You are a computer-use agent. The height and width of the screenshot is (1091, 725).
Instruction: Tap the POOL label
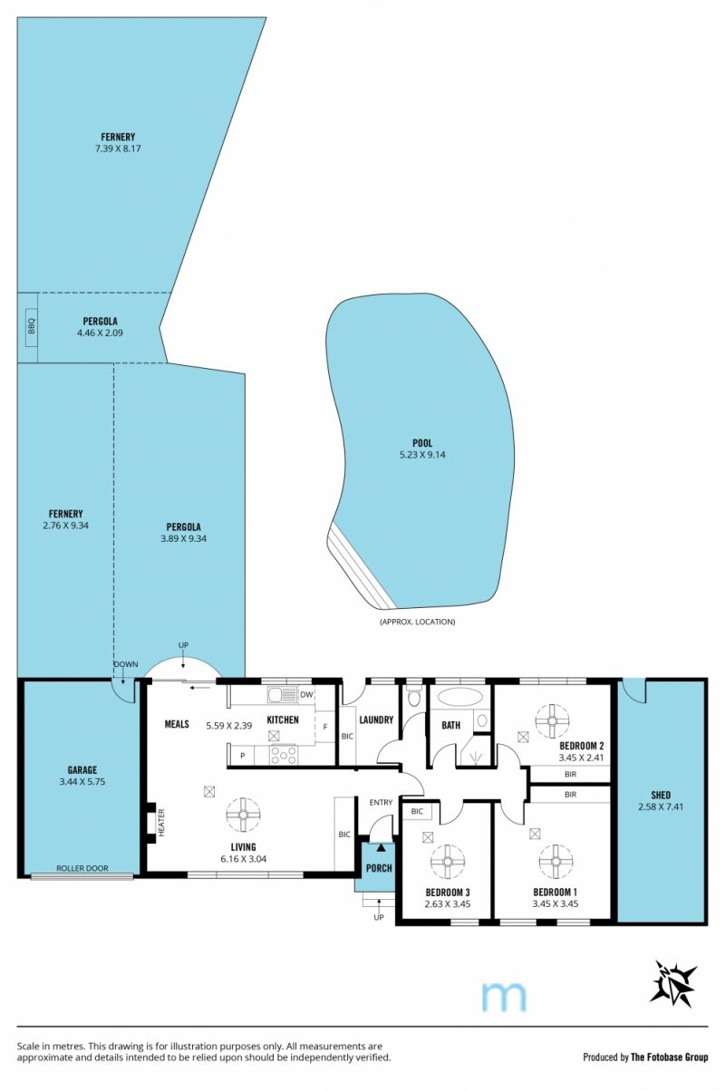pyautogui.click(x=422, y=443)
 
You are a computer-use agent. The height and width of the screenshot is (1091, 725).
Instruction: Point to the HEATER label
pyautogui.click(x=161, y=823)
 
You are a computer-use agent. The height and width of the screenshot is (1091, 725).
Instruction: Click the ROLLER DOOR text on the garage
pyautogui.click(x=82, y=868)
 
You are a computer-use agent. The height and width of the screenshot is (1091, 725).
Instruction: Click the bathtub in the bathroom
pyautogui.click(x=460, y=697)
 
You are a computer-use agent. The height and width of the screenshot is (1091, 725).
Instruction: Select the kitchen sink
pyautogui.click(x=283, y=694)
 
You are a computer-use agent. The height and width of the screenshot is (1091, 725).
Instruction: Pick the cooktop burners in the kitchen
pyautogui.click(x=283, y=755)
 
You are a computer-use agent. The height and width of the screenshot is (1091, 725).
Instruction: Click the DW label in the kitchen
pyautogui.click(x=306, y=694)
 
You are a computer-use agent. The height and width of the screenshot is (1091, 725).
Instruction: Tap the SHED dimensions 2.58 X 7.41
pyautogui.click(x=661, y=806)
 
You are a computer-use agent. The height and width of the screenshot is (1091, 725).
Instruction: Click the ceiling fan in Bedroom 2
pyautogui.click(x=552, y=721)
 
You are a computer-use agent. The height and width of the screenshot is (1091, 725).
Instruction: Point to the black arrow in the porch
pyautogui.click(x=381, y=848)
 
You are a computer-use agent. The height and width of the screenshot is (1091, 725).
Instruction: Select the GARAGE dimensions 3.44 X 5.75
pyautogui.click(x=82, y=782)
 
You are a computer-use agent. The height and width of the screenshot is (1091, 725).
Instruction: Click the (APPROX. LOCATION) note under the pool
pyautogui.click(x=417, y=622)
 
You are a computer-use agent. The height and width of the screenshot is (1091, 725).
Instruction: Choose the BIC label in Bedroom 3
pyautogui.click(x=417, y=811)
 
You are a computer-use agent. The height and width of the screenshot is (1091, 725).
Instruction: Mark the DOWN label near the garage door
pyautogui.click(x=126, y=664)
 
